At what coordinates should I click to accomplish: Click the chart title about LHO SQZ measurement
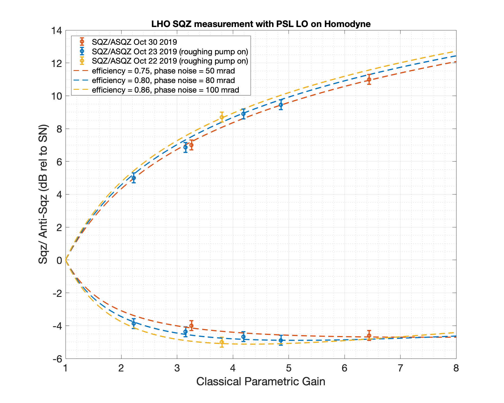[261, 24]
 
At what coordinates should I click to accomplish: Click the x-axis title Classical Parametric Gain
[261, 382]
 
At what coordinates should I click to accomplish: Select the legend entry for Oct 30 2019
[134, 42]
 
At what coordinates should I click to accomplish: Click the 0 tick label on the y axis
[59, 260]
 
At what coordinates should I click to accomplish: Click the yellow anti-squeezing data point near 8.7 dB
[222, 117]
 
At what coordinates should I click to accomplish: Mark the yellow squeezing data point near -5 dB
[222, 342]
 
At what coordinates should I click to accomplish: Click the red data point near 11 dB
[369, 79]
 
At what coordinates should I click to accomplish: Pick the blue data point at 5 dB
[134, 178]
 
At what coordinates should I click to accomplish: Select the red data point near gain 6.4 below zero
[369, 335]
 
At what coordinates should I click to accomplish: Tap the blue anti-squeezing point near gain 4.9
[281, 105]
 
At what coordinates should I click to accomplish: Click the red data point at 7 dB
[191, 145]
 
